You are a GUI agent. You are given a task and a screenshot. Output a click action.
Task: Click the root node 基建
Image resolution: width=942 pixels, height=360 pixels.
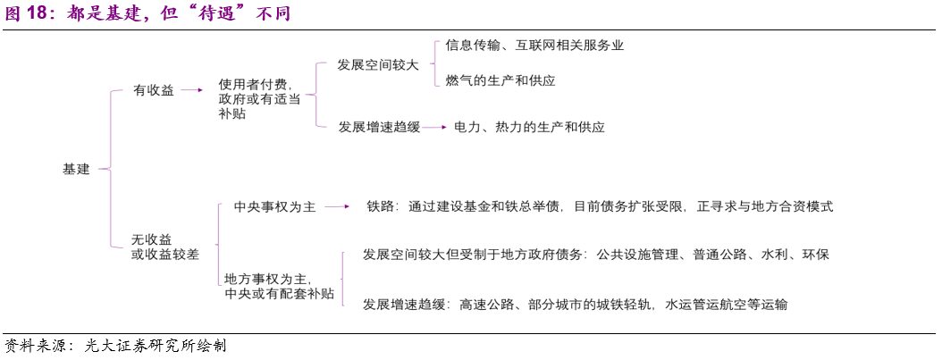[76, 170]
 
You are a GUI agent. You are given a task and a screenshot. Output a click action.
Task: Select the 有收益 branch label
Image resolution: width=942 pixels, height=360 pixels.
[153, 90]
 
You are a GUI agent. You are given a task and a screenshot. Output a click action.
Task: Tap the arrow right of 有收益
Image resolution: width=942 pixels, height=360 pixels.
[192, 90]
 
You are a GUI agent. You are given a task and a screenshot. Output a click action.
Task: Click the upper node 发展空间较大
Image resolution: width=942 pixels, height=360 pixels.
[378, 65]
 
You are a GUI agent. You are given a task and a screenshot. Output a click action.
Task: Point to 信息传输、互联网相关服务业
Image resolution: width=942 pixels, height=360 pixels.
[534, 45]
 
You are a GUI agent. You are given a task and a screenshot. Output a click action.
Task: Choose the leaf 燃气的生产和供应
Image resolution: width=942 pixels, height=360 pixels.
[500, 80]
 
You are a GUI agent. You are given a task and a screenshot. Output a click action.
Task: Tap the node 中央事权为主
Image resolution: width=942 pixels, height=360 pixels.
[274, 206]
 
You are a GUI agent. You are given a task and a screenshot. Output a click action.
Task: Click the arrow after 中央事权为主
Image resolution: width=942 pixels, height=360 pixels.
[338, 206]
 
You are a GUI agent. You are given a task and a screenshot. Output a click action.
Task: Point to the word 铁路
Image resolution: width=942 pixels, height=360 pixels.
[380, 206]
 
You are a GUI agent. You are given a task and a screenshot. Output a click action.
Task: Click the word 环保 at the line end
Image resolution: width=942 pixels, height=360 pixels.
[816, 255]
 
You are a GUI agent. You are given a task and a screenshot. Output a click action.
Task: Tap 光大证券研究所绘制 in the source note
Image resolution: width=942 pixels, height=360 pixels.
[156, 347]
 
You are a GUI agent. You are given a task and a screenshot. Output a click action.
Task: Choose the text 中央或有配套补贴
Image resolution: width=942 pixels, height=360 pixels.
[279, 294]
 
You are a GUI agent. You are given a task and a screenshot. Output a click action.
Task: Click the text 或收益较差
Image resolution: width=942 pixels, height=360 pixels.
[165, 255]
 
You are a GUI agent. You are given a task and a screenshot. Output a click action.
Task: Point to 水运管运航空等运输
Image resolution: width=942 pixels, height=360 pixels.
[726, 305]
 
